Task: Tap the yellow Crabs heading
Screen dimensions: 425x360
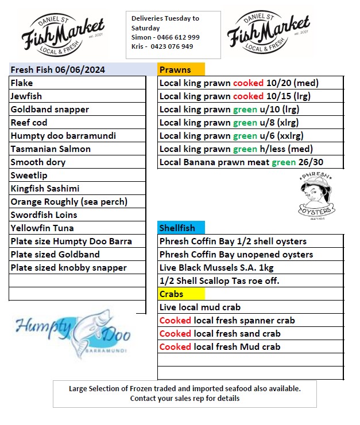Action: click(172, 294)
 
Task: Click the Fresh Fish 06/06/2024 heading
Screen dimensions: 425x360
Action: click(58, 70)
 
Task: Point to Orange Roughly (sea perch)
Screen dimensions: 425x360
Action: click(69, 202)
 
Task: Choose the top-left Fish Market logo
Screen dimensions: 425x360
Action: click(63, 34)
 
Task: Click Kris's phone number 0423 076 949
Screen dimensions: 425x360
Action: click(172, 46)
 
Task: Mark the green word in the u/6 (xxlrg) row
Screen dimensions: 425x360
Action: click(245, 136)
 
